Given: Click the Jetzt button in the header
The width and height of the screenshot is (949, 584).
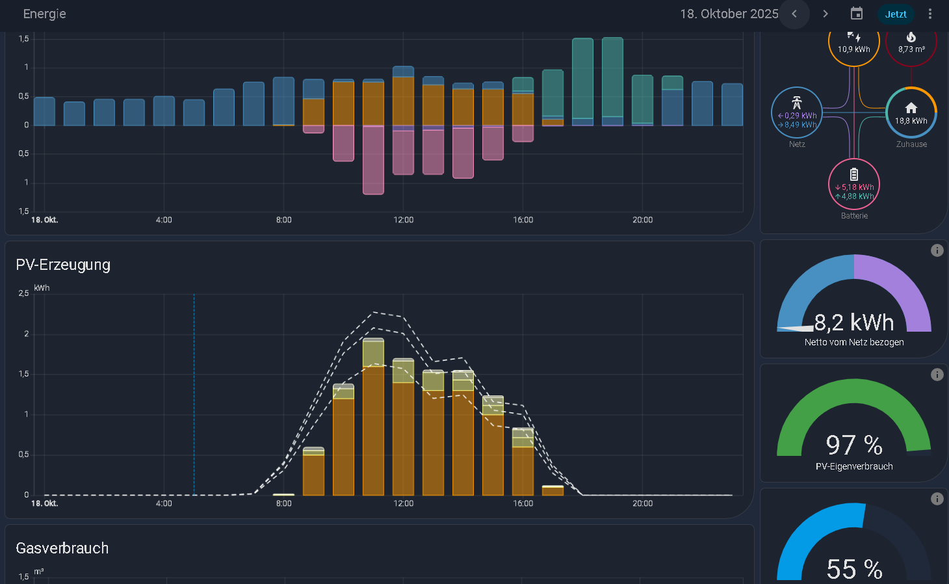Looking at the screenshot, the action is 896,14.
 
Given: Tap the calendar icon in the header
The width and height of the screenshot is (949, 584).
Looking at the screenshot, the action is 857,14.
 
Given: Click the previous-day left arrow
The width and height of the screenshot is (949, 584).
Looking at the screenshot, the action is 794,14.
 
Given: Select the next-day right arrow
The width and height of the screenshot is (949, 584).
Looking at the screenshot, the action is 825,14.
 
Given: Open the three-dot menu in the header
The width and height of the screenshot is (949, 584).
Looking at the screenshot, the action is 930,14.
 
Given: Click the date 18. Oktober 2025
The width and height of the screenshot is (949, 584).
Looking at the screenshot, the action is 729,14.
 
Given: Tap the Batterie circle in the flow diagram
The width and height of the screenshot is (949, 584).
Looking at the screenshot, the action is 854,184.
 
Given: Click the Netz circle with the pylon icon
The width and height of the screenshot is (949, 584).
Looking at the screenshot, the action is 797,113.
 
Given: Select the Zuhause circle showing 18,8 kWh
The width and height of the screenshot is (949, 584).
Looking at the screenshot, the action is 911,113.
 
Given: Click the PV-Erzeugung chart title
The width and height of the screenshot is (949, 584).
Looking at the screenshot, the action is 63,265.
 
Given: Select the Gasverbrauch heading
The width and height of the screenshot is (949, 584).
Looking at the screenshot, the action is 62,548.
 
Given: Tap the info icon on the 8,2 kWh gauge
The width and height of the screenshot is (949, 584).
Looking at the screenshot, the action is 937,250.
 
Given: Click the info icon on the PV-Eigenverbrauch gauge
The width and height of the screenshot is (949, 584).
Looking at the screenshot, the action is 937,375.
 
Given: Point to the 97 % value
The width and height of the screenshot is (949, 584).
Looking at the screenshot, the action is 854,445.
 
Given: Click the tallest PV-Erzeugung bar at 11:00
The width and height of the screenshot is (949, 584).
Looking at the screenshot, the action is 373,417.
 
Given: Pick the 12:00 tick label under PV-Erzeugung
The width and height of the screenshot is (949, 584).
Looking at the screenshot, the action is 403,503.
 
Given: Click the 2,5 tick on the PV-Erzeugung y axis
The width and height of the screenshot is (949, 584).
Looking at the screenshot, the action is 23,293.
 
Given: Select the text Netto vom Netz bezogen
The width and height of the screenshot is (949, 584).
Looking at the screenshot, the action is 854,343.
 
